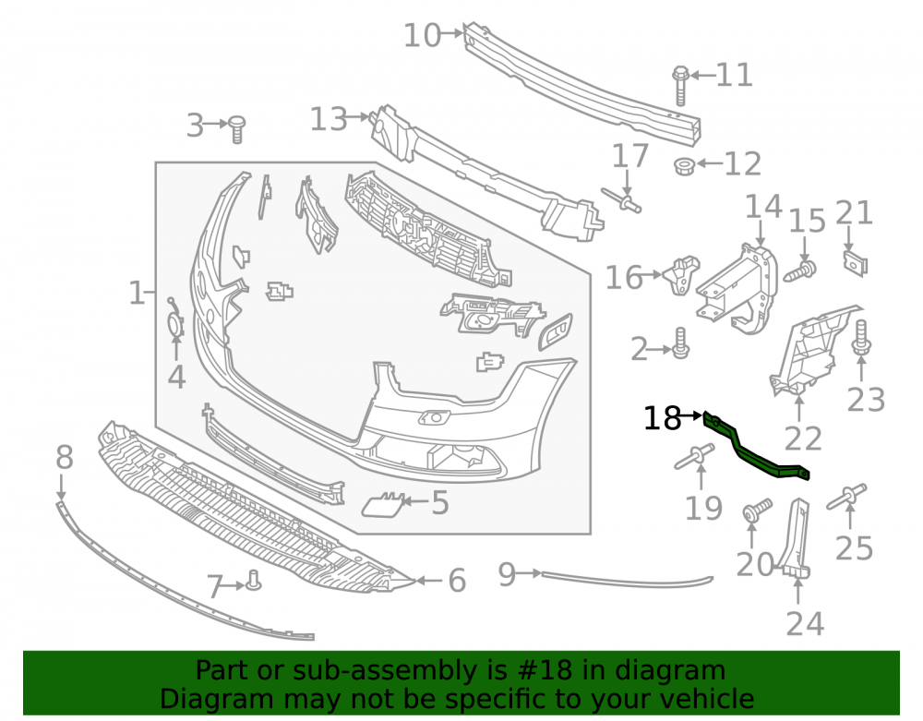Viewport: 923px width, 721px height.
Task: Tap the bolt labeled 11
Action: tap(680, 86)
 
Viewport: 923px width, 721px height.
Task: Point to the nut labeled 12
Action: tap(684, 166)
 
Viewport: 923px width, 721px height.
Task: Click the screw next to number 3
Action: tap(236, 129)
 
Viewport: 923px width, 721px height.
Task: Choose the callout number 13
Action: tap(330, 119)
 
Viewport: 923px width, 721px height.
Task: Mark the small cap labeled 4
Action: tap(175, 320)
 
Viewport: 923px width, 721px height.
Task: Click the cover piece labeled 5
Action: tap(382, 504)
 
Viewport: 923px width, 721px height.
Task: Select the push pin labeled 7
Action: tap(253, 581)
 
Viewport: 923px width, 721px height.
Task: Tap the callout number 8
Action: tap(65, 457)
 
